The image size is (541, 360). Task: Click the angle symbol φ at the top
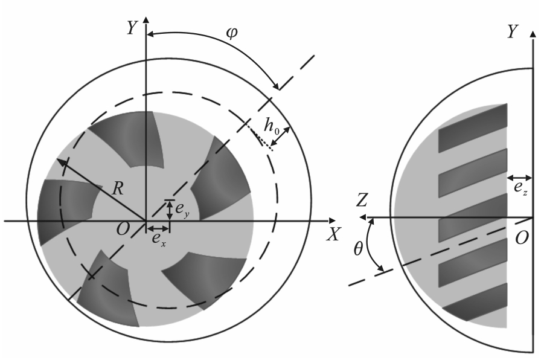coord(232,33)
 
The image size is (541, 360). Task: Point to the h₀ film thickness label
coord(272,126)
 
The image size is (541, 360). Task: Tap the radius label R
coord(118,189)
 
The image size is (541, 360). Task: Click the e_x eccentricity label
coord(159,239)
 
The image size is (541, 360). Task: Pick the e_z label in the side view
coord(520,188)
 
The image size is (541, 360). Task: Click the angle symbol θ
coord(358,248)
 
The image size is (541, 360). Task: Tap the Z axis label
coord(361,200)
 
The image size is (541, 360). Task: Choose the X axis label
coord(333,234)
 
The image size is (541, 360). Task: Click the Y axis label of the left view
coord(132,28)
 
